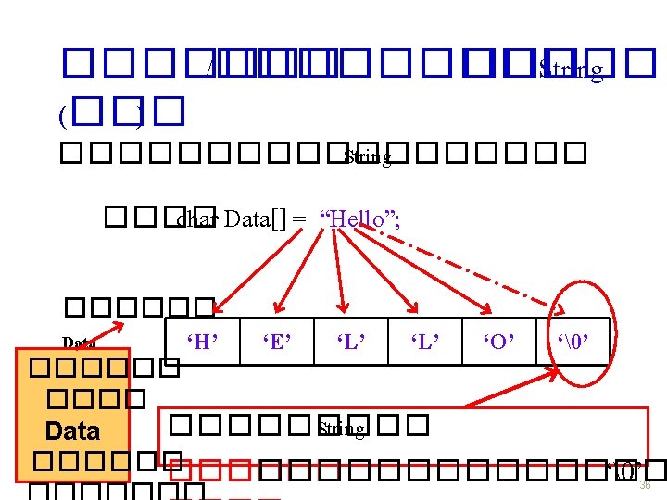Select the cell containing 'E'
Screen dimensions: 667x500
(277, 343)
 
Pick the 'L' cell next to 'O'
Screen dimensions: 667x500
(425, 343)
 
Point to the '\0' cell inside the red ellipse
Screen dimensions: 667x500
(573, 343)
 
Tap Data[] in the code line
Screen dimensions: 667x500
(256, 219)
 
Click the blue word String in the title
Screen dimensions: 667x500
(571, 69)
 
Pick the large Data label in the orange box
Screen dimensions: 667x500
(72, 431)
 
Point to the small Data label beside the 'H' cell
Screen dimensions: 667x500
(80, 344)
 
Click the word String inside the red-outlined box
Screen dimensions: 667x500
(341, 429)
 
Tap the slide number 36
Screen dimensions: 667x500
(646, 485)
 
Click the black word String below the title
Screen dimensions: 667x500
(368, 157)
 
